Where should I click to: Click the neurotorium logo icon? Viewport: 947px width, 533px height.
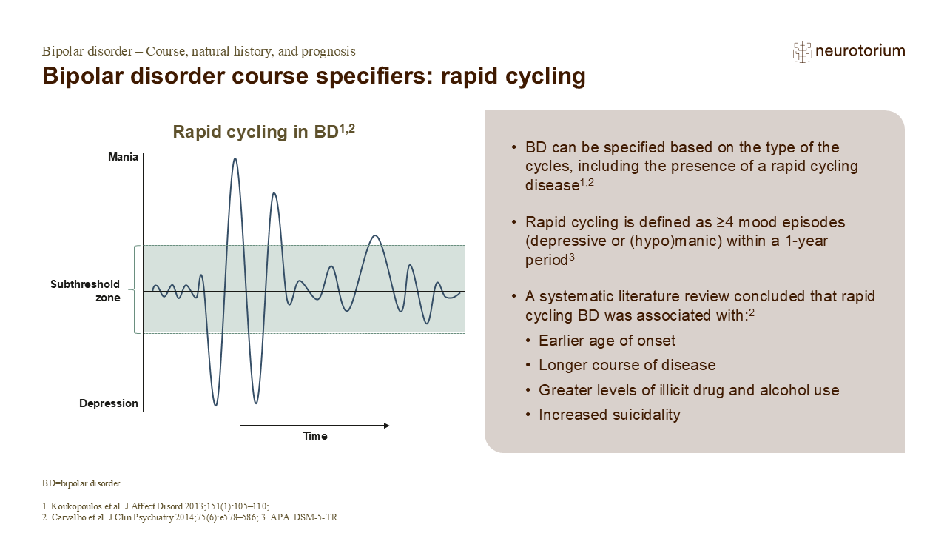point(802,51)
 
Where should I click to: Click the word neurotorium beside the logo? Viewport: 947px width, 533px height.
point(860,51)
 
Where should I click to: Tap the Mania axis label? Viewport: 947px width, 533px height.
point(123,157)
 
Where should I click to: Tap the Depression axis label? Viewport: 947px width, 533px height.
point(109,403)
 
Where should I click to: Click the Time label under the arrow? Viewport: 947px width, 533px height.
point(314,436)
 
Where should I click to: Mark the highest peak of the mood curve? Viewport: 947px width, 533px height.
point(235,159)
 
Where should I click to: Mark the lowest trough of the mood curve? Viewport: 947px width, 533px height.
point(215,405)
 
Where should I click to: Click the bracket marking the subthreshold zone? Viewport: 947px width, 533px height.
point(134,289)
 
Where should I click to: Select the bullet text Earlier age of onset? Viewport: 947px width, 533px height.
point(607,341)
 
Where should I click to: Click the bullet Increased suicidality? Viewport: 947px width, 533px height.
point(609,415)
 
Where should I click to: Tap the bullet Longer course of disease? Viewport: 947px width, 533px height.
point(627,366)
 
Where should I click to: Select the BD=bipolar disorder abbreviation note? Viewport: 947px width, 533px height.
point(81,483)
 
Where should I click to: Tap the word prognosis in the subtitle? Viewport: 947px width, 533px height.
point(327,51)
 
